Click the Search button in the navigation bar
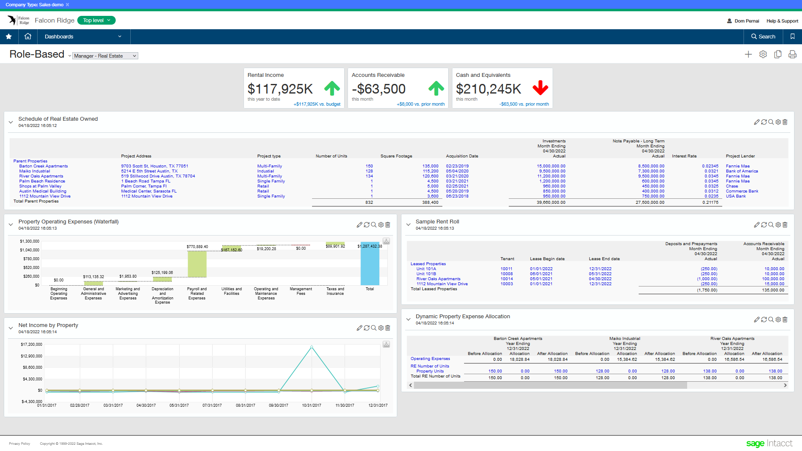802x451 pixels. point(763,37)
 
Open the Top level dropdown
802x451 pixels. point(96,20)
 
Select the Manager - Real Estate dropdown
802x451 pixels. point(105,56)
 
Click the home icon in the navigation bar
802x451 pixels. point(28,36)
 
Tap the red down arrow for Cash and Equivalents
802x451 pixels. point(541,88)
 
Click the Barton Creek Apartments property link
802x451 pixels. point(43,166)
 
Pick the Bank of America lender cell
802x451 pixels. point(742,171)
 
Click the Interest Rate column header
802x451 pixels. point(684,156)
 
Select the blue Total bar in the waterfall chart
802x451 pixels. point(370,264)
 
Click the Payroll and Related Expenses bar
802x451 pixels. point(197,264)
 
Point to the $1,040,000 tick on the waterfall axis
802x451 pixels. point(30,250)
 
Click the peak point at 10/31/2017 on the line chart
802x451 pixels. point(312,347)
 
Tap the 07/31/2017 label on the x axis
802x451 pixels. point(212,405)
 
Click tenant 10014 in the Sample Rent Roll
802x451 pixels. point(507,279)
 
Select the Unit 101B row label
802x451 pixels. point(426,274)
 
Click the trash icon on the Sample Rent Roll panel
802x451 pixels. point(785,225)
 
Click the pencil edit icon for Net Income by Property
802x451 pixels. point(359,328)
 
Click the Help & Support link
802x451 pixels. point(782,21)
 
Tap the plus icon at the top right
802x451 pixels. point(748,54)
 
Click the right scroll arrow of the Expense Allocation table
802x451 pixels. point(785,385)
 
